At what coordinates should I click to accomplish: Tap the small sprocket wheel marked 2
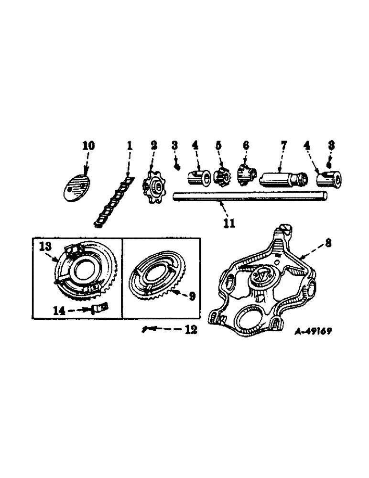click(154, 185)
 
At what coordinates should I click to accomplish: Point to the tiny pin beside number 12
click(145, 329)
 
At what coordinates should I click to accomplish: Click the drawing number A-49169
click(313, 330)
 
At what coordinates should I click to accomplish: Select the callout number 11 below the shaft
click(229, 223)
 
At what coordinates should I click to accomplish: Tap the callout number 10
click(89, 146)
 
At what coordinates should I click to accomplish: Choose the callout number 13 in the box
click(45, 247)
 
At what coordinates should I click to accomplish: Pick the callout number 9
click(191, 296)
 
